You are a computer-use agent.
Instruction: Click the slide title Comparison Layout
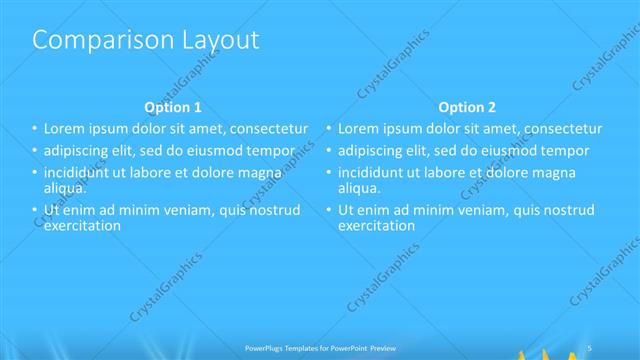(146, 40)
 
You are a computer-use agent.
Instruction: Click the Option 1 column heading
(173, 107)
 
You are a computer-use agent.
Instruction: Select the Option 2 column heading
(467, 107)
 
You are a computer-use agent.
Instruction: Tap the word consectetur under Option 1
(263, 129)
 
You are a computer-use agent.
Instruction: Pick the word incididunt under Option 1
(80, 173)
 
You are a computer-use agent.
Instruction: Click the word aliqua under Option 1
(64, 187)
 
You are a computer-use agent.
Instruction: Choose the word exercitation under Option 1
(82, 225)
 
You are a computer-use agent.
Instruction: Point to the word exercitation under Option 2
(376, 225)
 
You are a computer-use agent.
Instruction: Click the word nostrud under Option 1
(273, 210)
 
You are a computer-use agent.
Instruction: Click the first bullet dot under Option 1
(34, 129)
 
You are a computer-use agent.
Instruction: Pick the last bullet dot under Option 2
(328, 210)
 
